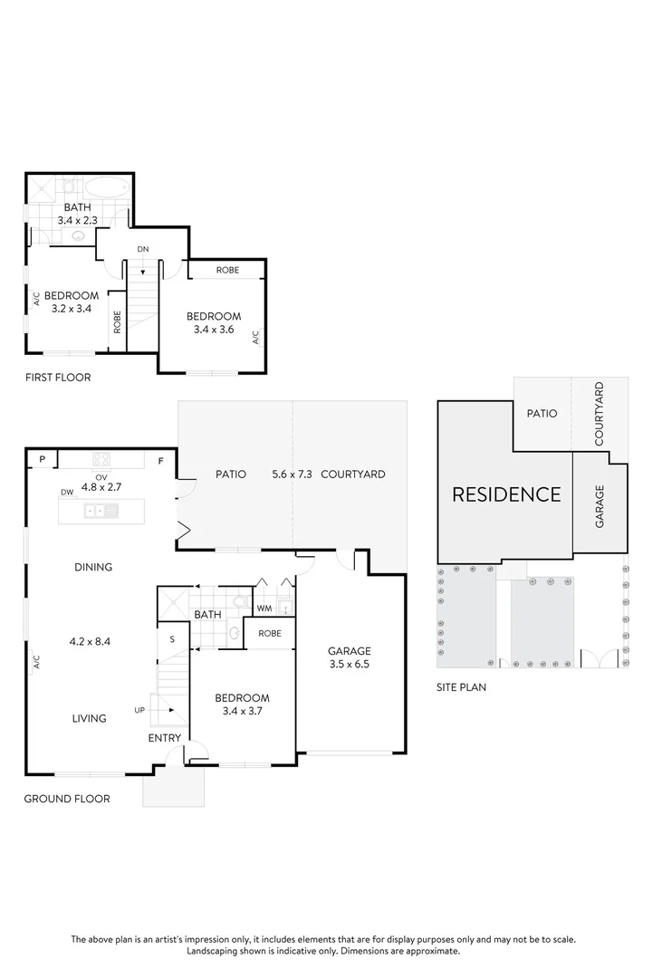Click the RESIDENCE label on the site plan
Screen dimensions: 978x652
click(x=506, y=494)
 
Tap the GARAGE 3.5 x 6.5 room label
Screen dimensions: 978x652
click(x=350, y=657)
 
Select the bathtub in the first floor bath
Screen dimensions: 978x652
click(x=107, y=190)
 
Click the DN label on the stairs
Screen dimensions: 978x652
click(x=143, y=248)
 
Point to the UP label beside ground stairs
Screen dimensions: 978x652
click(x=139, y=709)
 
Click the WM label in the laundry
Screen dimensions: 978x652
click(x=264, y=608)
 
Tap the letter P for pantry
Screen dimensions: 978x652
click(x=42, y=460)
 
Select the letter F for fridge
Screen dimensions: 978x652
click(x=161, y=461)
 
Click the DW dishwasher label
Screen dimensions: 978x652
click(x=67, y=492)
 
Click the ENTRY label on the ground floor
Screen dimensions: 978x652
click(x=165, y=738)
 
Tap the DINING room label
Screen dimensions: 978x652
click(x=93, y=568)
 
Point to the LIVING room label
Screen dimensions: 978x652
click(x=90, y=718)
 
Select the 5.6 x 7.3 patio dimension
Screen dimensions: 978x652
click(x=292, y=474)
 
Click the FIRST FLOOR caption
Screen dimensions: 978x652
click(x=58, y=378)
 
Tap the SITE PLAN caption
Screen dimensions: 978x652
click(x=461, y=687)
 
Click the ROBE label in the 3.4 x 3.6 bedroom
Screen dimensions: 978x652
click(x=227, y=270)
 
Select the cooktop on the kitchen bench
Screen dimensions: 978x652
click(x=101, y=459)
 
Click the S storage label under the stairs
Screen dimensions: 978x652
click(x=172, y=640)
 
